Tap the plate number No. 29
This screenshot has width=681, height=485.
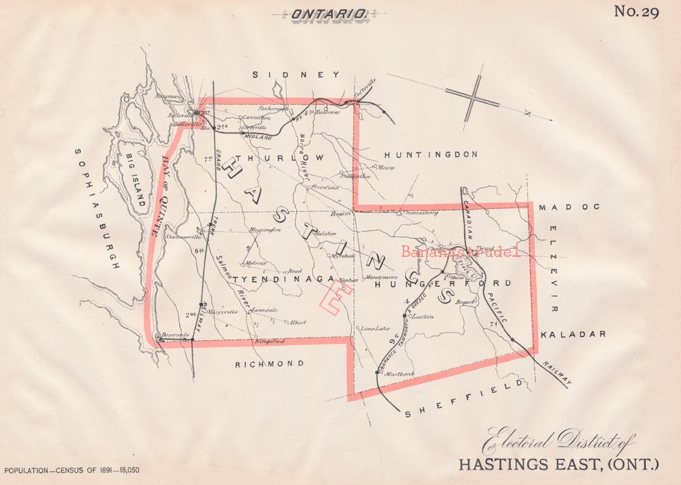pos(636,11)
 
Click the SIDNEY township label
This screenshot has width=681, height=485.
pos(296,75)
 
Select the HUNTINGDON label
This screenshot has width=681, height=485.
pos(431,154)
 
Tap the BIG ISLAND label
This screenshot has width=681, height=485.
pos(136,180)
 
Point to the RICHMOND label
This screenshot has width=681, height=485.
pos(269,364)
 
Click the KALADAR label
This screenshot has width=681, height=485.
pos(573,334)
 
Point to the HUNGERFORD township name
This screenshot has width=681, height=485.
pos(443,283)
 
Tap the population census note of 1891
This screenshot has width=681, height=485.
pos(72,471)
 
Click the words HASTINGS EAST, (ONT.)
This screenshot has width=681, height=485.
pos(558,465)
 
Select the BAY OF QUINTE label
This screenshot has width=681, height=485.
pos(161,196)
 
